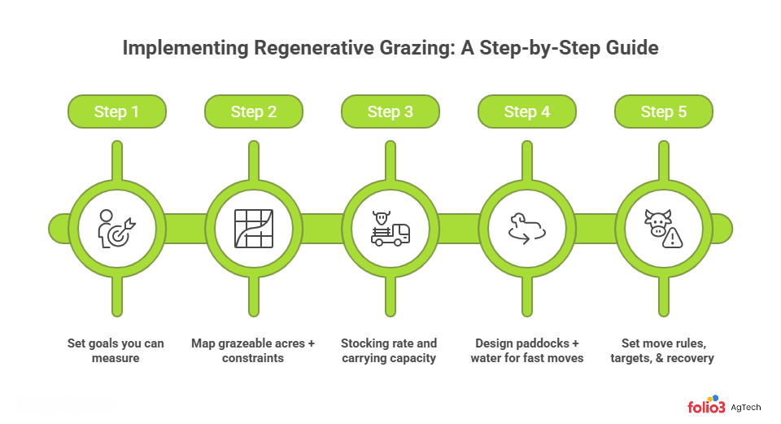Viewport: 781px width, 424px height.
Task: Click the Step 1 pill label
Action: [x=116, y=111]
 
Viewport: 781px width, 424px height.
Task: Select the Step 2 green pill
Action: [x=253, y=111]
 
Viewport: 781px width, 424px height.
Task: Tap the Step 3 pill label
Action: [x=390, y=111]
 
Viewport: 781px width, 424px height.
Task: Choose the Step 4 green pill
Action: [x=526, y=111]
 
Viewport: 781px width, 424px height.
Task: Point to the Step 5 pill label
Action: [x=663, y=111]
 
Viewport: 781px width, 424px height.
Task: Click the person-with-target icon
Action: [x=116, y=228]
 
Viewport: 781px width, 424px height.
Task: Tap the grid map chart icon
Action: [x=253, y=228]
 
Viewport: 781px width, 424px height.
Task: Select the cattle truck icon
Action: [x=390, y=229]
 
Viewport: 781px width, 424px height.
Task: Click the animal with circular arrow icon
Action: [x=526, y=228]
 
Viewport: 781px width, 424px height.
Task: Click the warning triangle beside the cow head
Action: [x=673, y=238]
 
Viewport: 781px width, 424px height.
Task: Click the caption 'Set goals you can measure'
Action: [x=116, y=350]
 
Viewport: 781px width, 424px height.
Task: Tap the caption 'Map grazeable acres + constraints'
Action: [x=253, y=350]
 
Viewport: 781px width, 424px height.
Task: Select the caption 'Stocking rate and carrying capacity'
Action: [x=389, y=350]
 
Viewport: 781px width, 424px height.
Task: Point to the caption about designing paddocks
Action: [x=526, y=350]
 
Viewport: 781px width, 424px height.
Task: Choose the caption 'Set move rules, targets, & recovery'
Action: [x=663, y=350]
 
